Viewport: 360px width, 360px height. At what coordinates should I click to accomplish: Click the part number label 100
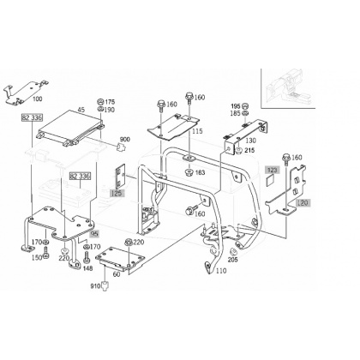pos(38,99)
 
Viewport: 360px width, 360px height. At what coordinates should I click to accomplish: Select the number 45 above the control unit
pos(81,110)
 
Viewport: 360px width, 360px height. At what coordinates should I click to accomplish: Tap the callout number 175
pos(110,102)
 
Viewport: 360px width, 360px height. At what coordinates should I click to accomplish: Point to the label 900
pos(124,140)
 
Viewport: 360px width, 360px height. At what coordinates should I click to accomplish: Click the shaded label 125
pos(117,193)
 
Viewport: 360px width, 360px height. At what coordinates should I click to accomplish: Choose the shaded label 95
pos(94,234)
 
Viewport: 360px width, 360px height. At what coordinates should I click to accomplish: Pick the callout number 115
pos(197,131)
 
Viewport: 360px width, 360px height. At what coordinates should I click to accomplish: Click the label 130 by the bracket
pos(251,141)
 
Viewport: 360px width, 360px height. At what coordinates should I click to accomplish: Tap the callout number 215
pos(249,150)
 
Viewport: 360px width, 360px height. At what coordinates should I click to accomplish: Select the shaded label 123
pos(273,171)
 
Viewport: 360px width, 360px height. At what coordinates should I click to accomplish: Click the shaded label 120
pos(303,203)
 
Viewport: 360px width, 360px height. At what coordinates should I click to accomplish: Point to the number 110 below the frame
pos(221,271)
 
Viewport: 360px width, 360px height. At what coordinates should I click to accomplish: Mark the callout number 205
pos(232,260)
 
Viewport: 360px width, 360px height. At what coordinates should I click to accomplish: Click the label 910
pos(95,285)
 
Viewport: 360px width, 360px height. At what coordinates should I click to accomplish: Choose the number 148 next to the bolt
pos(88,268)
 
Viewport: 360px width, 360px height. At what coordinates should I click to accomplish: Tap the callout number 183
pos(200,172)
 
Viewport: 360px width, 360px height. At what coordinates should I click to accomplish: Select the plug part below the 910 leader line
pos(105,286)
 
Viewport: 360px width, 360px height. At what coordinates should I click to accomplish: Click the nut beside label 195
pos(244,106)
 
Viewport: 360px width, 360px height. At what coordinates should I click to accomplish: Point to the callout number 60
pos(117,274)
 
